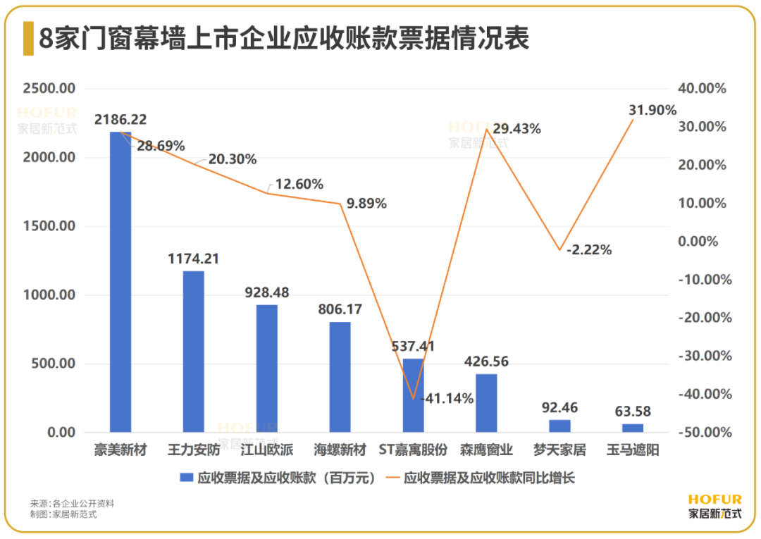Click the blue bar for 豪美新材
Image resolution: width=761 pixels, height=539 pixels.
click(120, 282)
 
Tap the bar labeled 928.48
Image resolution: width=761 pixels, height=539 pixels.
click(267, 368)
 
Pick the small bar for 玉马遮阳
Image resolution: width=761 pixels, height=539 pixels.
click(633, 428)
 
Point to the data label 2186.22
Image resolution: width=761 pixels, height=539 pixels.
click(120, 120)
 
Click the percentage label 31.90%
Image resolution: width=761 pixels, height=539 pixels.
click(652, 110)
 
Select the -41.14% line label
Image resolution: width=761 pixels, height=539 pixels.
click(447, 398)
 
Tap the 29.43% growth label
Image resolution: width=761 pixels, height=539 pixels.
click(516, 129)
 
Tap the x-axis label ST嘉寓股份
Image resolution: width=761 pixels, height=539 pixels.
click(413, 450)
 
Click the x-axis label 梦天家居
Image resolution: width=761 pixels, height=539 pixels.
click(559, 450)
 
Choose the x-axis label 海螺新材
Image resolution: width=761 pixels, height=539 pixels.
click(340, 450)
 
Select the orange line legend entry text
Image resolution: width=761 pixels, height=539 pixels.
click(489, 478)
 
